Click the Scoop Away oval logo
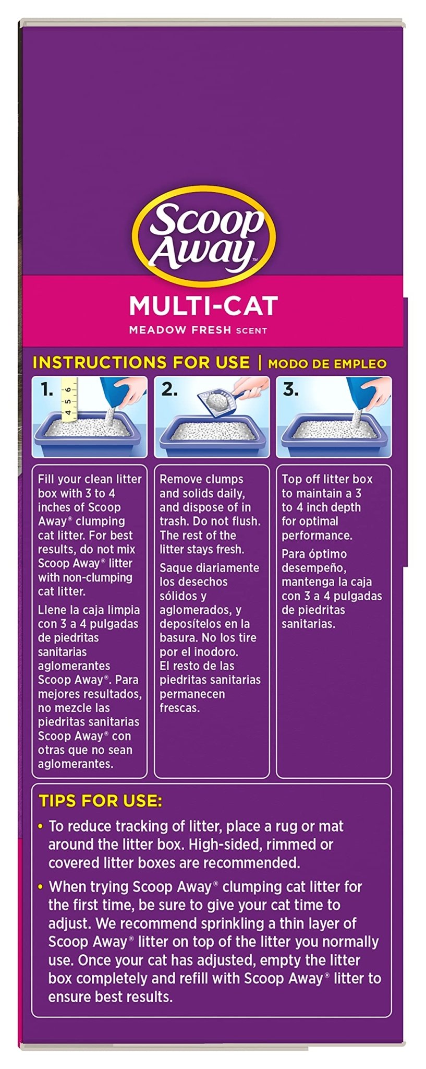pyautogui.click(x=203, y=237)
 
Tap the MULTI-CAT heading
pyautogui.click(x=203, y=306)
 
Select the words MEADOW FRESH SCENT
pyautogui.click(x=198, y=330)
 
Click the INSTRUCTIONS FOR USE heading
pyautogui.click(x=141, y=362)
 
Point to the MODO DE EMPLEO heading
pyautogui.click(x=327, y=364)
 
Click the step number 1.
pyautogui.click(x=47, y=389)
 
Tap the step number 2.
pyautogui.click(x=169, y=389)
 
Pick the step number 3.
pyautogui.click(x=290, y=389)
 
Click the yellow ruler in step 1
pyautogui.click(x=69, y=399)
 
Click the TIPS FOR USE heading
pyautogui.click(x=101, y=801)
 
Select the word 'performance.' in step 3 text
pyautogui.click(x=317, y=536)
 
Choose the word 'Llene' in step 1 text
pyautogui.click(x=53, y=610)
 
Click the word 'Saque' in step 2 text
pyautogui.click(x=177, y=568)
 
